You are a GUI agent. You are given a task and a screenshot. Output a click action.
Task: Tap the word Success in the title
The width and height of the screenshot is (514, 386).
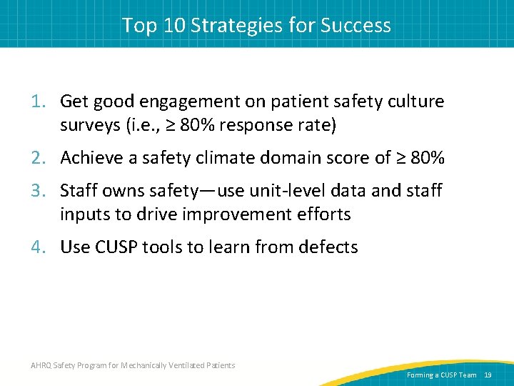[356, 25]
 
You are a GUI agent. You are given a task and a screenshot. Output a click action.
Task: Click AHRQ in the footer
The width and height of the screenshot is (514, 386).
[41, 365]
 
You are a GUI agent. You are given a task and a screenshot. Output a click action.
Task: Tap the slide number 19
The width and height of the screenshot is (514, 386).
[488, 375]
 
